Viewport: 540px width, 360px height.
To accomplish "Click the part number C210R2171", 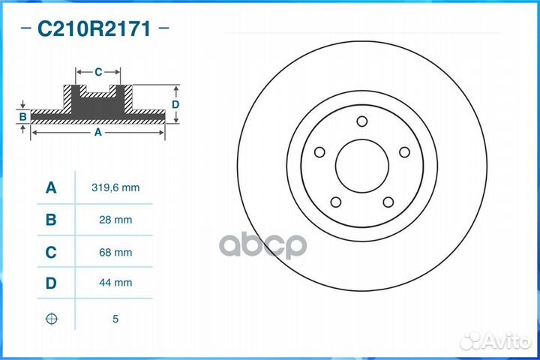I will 94,30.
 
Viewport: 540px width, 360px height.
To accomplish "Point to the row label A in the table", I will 51,187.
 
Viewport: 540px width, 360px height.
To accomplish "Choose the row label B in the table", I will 51,220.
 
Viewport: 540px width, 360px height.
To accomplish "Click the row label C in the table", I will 51,253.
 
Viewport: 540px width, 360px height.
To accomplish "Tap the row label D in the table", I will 51,283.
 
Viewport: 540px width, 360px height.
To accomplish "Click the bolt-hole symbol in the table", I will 51,319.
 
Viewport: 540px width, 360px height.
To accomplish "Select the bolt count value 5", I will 115,319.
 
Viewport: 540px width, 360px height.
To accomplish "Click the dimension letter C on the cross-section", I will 98,72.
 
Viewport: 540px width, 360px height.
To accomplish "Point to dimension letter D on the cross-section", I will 175,104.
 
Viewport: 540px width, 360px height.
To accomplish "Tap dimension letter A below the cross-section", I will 97,132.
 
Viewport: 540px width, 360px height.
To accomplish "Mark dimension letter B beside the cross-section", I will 23,116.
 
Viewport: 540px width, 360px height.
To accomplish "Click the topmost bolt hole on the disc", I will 361,121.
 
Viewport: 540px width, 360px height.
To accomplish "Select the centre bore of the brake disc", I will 362,166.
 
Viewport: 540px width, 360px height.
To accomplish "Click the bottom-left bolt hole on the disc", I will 336,202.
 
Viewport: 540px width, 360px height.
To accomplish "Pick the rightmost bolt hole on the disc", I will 404,152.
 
